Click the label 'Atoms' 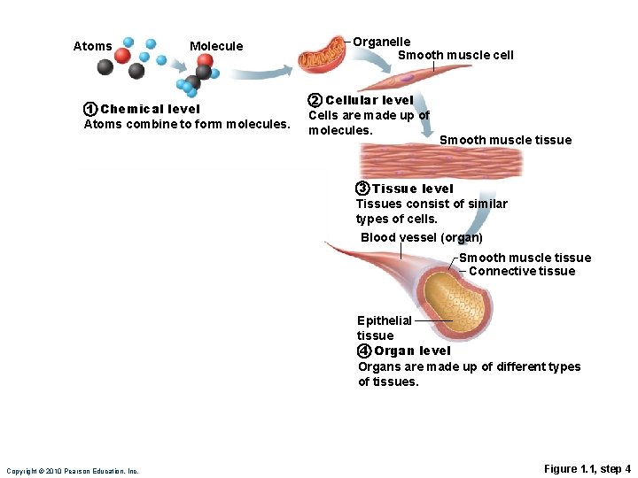click(92, 46)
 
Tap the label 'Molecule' click(216, 46)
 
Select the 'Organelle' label click(382, 42)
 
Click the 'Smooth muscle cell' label click(455, 55)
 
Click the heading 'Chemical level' click(150, 109)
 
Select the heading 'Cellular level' click(370, 100)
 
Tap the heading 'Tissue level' click(412, 189)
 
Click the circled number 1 click(89, 109)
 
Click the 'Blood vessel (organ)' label click(422, 237)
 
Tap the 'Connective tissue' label click(522, 271)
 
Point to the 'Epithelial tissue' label click(384, 328)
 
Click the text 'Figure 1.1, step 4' click(587, 468)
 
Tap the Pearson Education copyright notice click(72, 471)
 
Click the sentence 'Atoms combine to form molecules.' click(187, 124)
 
